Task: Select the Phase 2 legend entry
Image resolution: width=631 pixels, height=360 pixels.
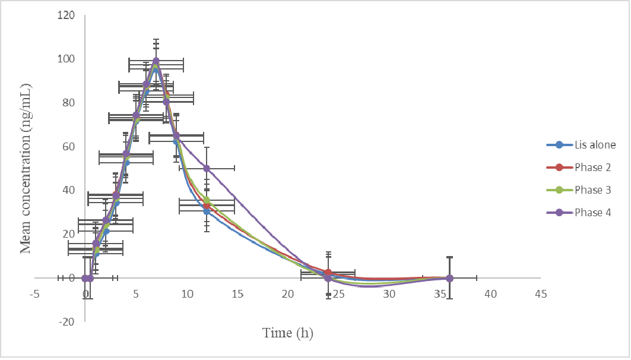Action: point(592,168)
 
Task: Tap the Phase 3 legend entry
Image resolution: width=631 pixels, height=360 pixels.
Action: point(592,190)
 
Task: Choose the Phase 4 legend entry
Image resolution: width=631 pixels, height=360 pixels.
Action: point(592,213)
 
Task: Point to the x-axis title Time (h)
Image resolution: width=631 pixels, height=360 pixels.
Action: point(288,333)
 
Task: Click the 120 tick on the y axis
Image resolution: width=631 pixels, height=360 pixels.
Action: point(67,15)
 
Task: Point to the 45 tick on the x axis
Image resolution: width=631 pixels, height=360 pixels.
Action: point(540,293)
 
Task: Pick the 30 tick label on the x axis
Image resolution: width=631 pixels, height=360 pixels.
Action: point(388,293)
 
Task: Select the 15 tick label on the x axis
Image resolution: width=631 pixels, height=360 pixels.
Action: point(237,293)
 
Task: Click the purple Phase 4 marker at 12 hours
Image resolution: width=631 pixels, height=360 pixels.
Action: point(207,168)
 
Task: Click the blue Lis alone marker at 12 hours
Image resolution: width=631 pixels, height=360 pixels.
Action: point(207,211)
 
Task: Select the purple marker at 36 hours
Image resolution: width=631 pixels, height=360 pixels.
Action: point(449,278)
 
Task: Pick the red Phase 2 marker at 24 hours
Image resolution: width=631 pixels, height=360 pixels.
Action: point(328,273)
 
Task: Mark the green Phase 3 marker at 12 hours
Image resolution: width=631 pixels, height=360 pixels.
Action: point(207,200)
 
